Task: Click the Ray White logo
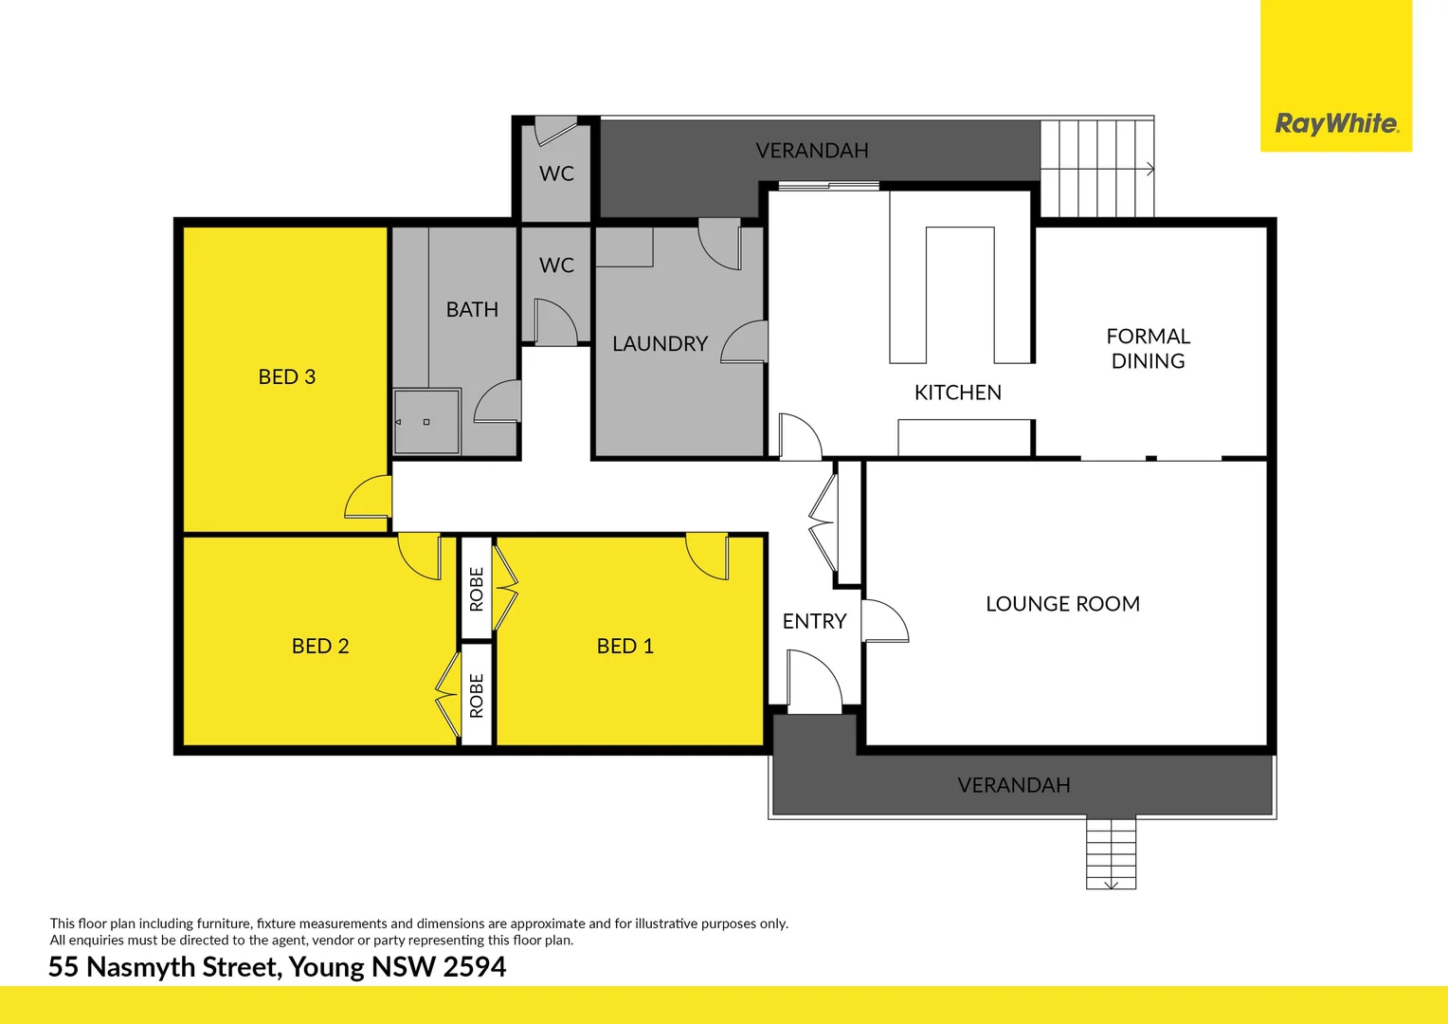tap(1335, 123)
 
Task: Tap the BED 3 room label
tap(286, 377)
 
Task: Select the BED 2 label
tap(320, 647)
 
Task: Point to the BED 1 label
tap(624, 647)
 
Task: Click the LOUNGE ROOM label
tap(1062, 604)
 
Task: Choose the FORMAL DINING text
tap(1148, 349)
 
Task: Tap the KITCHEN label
tap(957, 393)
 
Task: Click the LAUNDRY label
tap(660, 344)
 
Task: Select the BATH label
tap(472, 310)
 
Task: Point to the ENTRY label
tap(814, 622)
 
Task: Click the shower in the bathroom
tap(426, 421)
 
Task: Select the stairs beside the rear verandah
tap(1096, 169)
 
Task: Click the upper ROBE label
tap(477, 589)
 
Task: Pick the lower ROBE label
tap(477, 695)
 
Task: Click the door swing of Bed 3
tap(368, 499)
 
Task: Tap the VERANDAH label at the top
tap(812, 151)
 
